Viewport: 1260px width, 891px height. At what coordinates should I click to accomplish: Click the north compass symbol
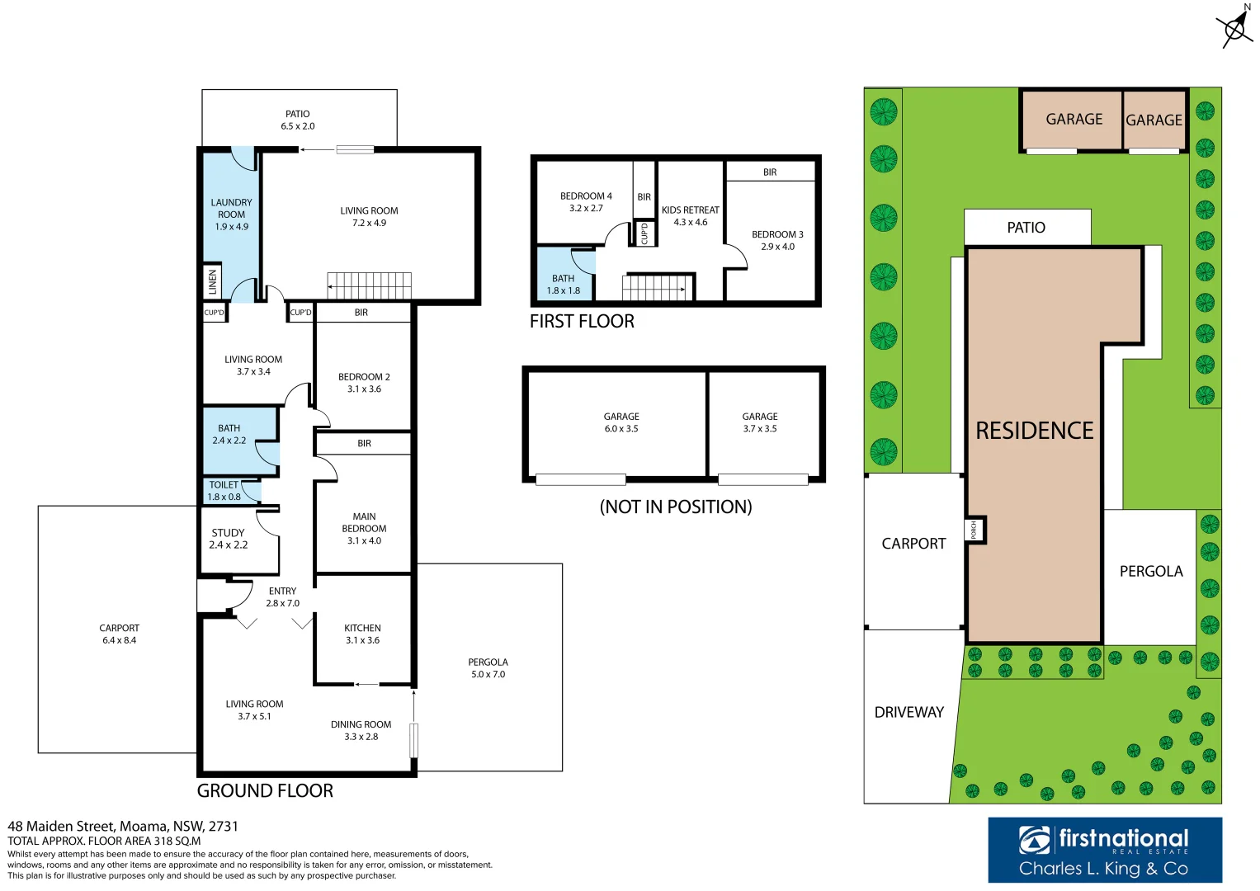pos(1234,29)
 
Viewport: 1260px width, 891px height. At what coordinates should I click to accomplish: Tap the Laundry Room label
pos(231,214)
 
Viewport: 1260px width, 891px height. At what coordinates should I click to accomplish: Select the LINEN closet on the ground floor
pos(212,282)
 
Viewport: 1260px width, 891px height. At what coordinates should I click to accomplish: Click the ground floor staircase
pos(369,285)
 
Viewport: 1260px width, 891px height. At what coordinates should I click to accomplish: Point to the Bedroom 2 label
pos(364,383)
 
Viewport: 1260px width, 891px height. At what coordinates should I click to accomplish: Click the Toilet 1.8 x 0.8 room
pos(224,491)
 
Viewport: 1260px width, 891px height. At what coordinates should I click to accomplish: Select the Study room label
pos(228,539)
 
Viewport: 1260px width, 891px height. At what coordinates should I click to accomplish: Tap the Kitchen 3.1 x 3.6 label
pos(362,634)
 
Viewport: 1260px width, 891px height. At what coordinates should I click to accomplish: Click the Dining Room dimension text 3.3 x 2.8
pos(361,737)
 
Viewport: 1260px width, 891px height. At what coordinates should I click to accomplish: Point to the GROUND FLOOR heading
pos(265,790)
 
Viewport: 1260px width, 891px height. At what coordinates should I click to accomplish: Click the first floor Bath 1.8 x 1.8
pos(563,285)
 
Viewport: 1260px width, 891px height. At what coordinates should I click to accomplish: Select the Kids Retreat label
pos(690,215)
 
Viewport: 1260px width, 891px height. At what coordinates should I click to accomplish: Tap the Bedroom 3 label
pos(776,240)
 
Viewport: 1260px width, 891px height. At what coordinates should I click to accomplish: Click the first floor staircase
pos(654,287)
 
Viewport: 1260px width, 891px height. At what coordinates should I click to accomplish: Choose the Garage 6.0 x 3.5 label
pos(621,422)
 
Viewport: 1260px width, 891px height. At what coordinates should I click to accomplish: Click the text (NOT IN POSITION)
pos(675,507)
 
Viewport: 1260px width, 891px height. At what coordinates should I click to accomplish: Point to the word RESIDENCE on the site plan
pos(1034,431)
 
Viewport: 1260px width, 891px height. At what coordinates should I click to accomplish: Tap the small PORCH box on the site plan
pos(974,529)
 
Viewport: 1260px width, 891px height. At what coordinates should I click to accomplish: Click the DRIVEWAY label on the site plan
pos(908,712)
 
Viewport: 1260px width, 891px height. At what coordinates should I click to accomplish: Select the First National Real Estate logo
pos(1104,850)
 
